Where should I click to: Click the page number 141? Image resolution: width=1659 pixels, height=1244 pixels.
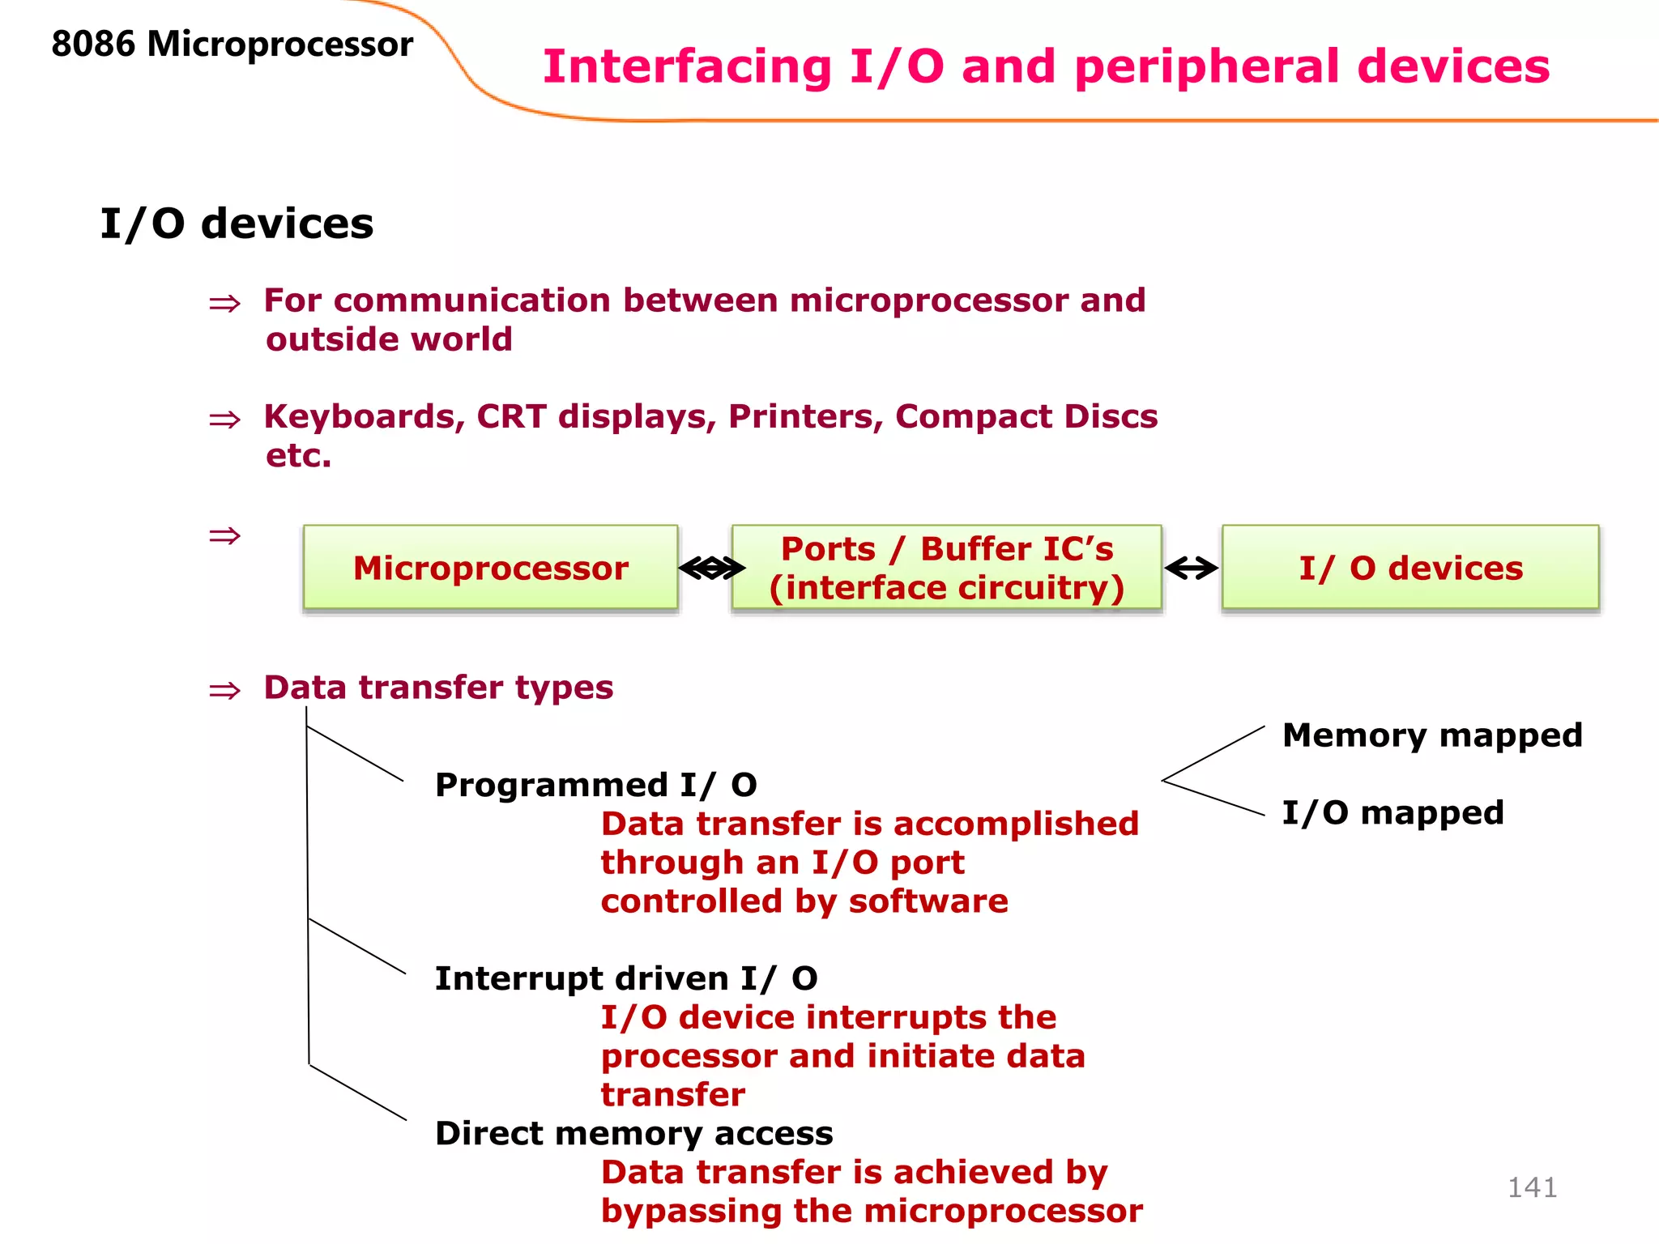(x=1532, y=1187)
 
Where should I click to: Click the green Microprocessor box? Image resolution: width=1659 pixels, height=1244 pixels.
(x=490, y=567)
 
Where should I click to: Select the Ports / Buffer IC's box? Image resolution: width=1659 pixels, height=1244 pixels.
(x=946, y=567)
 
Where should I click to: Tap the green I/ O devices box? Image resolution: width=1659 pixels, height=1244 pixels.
(x=1410, y=567)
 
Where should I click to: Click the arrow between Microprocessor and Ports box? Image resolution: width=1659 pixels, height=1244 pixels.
(x=711, y=569)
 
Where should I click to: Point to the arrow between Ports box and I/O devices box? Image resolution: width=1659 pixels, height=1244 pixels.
(x=1191, y=569)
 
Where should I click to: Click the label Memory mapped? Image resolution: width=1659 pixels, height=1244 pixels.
(x=1431, y=735)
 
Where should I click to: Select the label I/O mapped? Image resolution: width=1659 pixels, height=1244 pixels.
(x=1392, y=812)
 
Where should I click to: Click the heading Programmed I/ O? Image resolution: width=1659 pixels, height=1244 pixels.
(x=595, y=785)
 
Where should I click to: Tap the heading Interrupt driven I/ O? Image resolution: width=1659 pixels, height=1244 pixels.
(x=625, y=978)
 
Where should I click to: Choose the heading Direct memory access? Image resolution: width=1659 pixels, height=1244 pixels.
(x=633, y=1133)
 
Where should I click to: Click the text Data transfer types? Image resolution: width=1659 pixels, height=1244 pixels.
(x=438, y=688)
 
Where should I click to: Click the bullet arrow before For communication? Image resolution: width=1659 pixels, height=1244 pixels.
(x=224, y=304)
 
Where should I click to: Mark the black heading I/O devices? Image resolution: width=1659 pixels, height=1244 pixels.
(x=237, y=224)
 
